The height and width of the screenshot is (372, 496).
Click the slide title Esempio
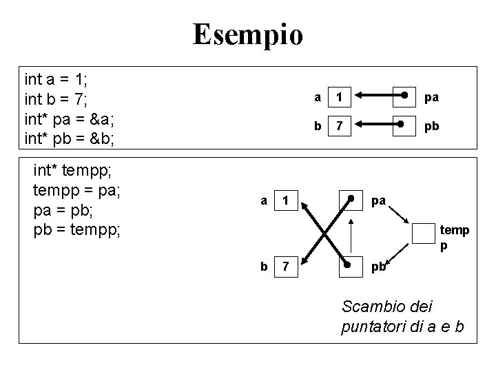pyautogui.click(x=247, y=34)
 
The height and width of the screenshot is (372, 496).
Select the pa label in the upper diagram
pyautogui.click(x=431, y=98)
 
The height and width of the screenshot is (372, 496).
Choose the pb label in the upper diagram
pyautogui.click(x=431, y=127)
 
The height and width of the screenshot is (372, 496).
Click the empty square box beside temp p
pyautogui.click(x=423, y=234)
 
